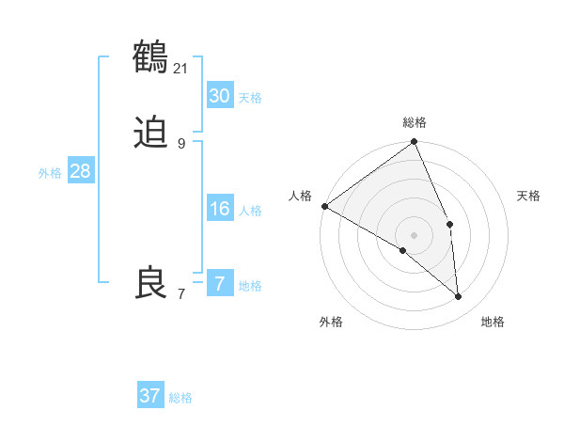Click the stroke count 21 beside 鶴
tap(181, 68)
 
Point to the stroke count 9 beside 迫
tap(181, 143)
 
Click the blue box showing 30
tap(219, 96)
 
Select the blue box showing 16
tap(219, 209)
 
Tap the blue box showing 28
tap(80, 171)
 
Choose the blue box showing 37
tap(150, 396)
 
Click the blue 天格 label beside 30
tap(250, 98)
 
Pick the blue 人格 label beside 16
tap(250, 211)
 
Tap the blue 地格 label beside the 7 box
tap(250, 286)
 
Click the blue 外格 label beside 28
tap(50, 173)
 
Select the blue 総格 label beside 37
tap(180, 398)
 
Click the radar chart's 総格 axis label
tap(415, 122)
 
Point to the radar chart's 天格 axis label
tap(529, 196)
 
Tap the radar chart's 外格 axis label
tap(331, 322)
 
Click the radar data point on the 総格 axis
tap(415, 143)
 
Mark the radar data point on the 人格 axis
tap(324, 206)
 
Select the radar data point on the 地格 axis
tap(458, 297)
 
